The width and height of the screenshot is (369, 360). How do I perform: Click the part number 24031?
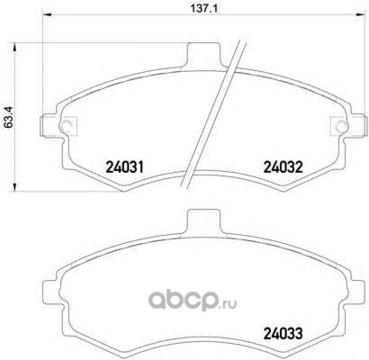click(125, 167)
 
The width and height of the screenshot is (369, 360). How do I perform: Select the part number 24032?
click(283, 167)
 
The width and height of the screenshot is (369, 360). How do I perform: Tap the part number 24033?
click(283, 333)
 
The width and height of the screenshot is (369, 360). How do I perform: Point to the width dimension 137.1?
click(204, 8)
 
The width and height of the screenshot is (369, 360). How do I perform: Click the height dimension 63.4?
click(8, 118)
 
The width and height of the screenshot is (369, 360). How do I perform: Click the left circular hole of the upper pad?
click(66, 126)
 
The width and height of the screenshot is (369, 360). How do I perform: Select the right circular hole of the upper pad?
click(341, 126)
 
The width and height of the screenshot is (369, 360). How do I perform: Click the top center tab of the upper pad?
click(203, 55)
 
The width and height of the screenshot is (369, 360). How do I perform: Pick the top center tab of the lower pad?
click(203, 221)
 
